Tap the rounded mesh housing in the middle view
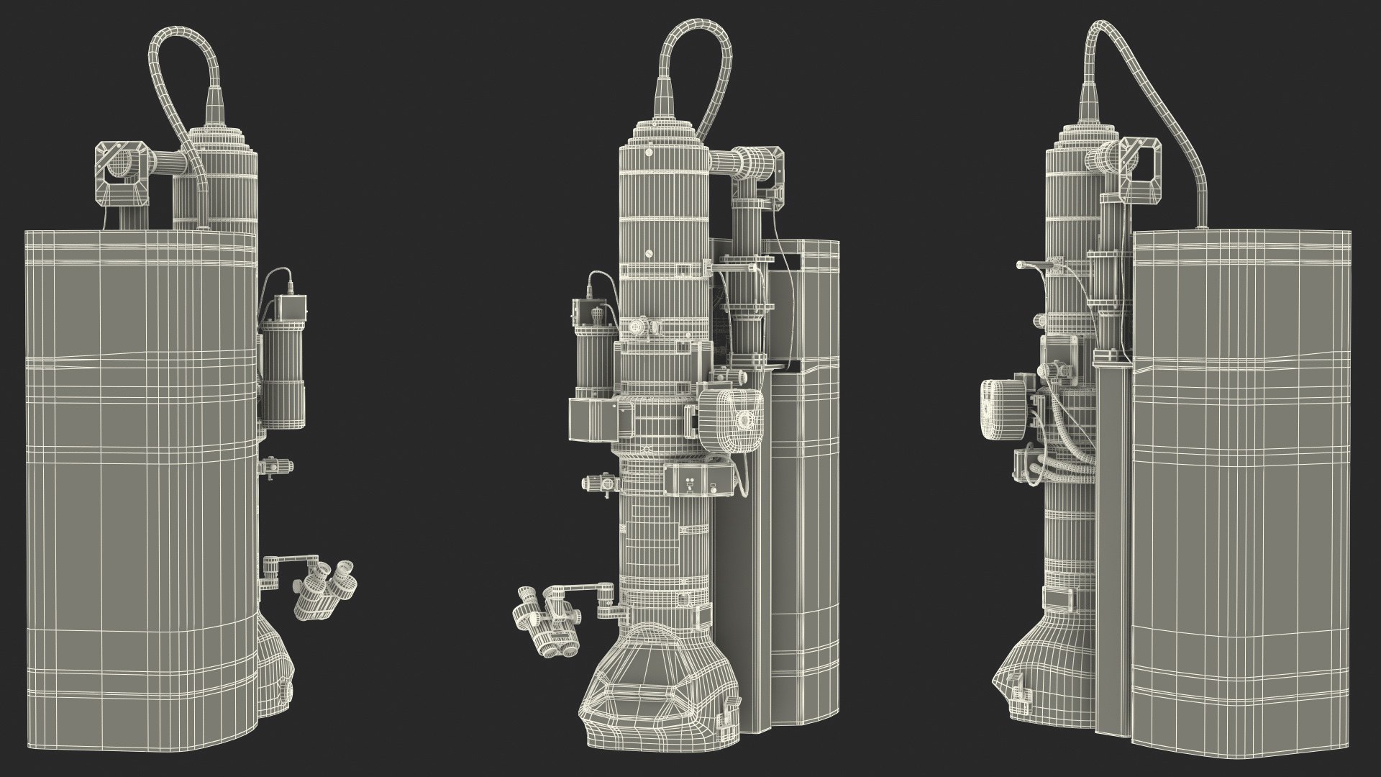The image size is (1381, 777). (x=726, y=421)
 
